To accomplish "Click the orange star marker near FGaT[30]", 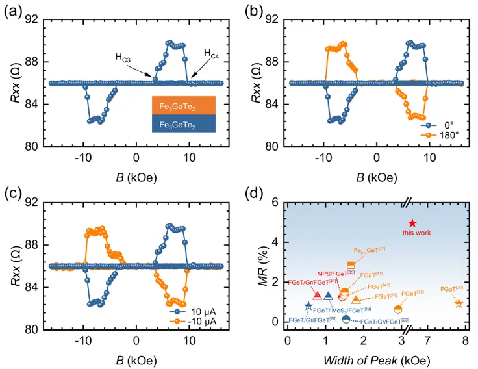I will click(459, 303).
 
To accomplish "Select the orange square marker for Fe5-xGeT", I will click(351, 265).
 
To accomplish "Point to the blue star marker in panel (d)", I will click(308, 306).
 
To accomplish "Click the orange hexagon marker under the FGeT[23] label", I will click(397, 309).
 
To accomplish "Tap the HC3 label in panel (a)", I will click(123, 58).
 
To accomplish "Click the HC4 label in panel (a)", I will click(212, 53).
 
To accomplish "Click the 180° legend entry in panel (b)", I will click(441, 134).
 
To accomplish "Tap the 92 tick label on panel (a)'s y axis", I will click(32, 19).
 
